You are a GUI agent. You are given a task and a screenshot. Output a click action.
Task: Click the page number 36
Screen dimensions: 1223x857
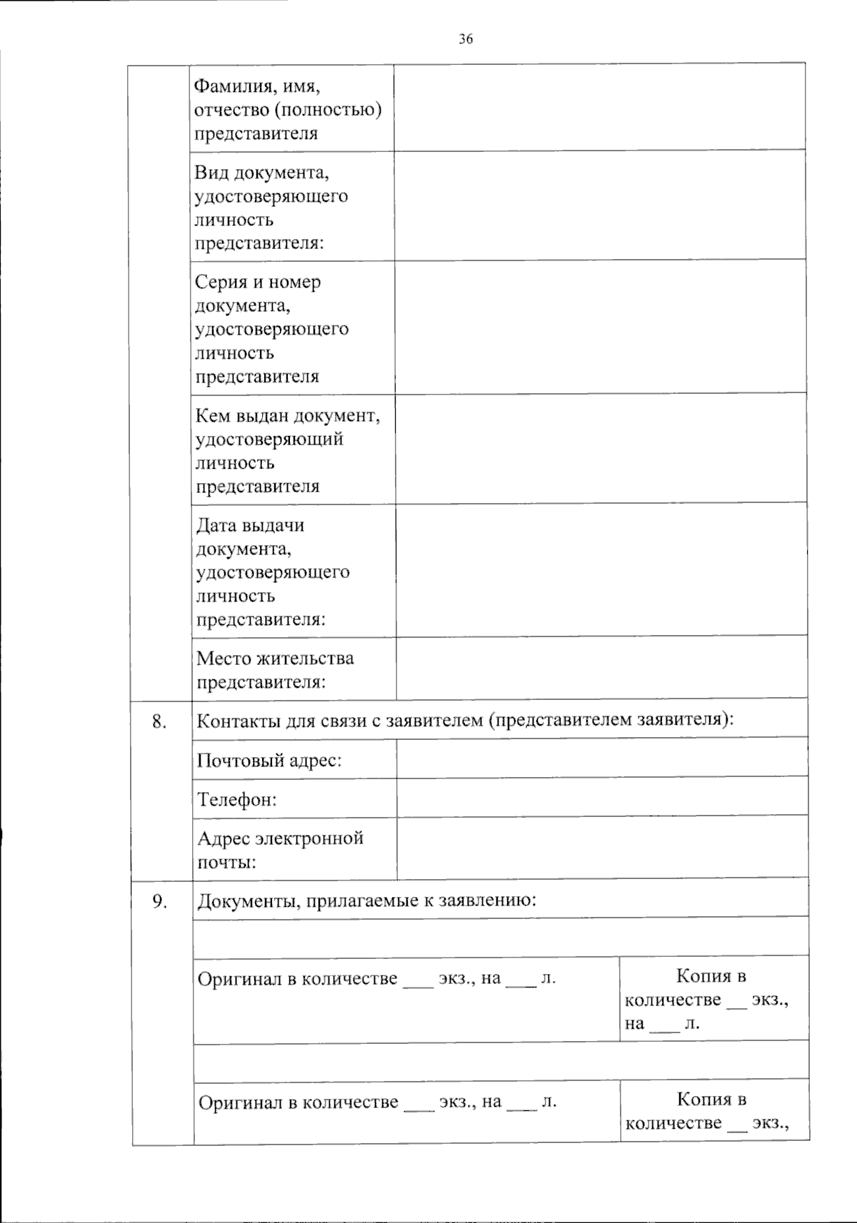click(466, 39)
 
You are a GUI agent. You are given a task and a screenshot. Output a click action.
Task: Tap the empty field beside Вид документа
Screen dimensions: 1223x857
click(600, 205)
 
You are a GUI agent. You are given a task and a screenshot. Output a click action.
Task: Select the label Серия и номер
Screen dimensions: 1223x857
click(258, 282)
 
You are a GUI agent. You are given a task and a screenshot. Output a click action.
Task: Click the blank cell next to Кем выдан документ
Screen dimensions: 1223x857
click(601, 449)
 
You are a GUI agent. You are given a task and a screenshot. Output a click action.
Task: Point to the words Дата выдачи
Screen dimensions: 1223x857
click(250, 525)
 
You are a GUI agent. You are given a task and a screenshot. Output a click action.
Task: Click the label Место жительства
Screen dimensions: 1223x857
click(275, 658)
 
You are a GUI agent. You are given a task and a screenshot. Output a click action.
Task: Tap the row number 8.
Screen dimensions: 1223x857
click(159, 721)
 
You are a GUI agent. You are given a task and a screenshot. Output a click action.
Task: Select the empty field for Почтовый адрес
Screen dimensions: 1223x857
click(602, 758)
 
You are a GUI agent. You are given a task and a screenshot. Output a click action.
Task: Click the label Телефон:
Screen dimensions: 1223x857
click(237, 800)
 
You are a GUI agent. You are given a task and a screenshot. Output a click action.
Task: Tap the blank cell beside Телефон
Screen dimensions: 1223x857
click(602, 798)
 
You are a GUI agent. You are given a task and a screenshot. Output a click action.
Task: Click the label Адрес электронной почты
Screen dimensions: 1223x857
click(280, 849)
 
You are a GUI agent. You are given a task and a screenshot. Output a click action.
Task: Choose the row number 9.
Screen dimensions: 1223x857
click(159, 902)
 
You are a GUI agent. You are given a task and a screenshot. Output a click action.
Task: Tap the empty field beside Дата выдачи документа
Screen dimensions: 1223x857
click(601, 569)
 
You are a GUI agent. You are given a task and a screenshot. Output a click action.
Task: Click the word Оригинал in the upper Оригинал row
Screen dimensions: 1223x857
click(239, 979)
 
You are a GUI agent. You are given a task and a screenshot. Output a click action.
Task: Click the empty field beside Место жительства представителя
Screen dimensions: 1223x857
click(601, 668)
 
